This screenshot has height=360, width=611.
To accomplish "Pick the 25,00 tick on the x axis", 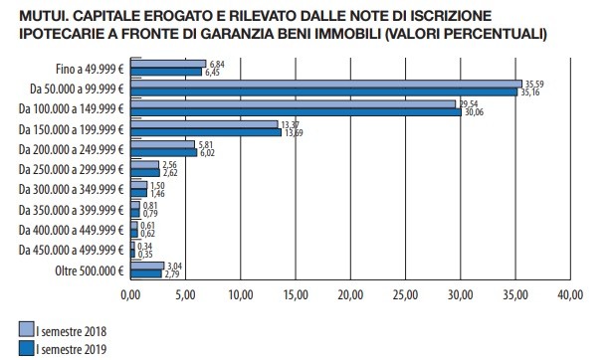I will (405, 296).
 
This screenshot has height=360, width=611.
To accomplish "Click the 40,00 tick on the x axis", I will (570, 296).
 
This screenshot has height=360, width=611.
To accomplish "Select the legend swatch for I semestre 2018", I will (26, 329).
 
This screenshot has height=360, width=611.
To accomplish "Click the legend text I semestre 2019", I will (71, 349).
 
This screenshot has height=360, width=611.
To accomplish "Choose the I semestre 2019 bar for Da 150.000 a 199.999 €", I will (206, 132).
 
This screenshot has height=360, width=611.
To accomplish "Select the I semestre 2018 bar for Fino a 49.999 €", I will (168, 64).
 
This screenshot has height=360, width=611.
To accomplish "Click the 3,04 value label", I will (176, 266).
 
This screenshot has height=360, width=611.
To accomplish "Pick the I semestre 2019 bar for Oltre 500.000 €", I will (145, 273).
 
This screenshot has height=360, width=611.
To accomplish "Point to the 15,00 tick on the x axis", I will (296, 296).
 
